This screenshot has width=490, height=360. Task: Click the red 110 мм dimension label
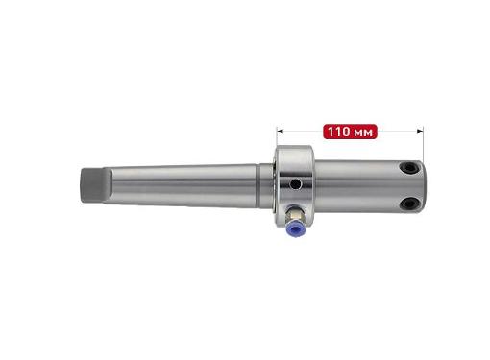tap(351, 132)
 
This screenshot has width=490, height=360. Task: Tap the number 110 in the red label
tap(338, 132)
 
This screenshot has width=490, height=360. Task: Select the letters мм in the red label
tap(364, 132)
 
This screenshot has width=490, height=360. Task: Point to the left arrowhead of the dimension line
tap(281, 132)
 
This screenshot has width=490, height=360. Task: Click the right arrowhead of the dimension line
tap(420, 132)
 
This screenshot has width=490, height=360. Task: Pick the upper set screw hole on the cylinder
tap(409, 167)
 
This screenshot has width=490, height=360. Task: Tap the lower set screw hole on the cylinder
tap(409, 203)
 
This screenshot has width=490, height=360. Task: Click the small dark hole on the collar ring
tap(295, 183)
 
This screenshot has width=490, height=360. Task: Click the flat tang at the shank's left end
tap(96, 185)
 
